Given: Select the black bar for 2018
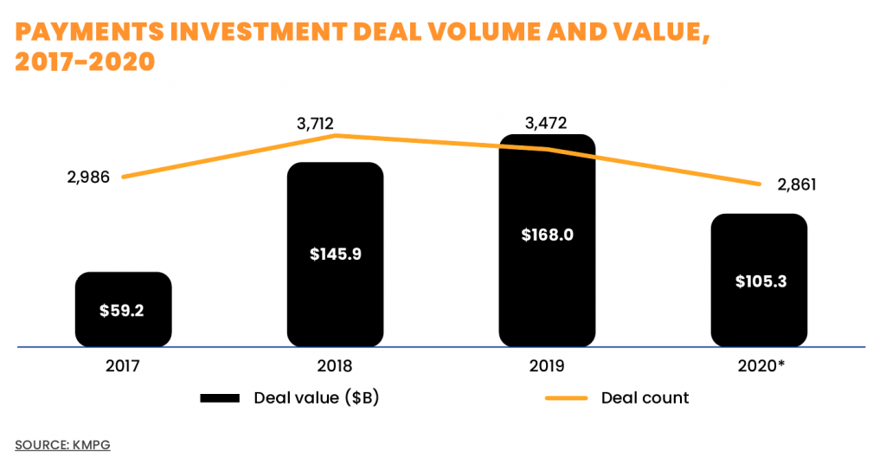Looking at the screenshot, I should (x=335, y=216).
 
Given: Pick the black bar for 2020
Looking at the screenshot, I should (x=759, y=251).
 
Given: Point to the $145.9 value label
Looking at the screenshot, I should (x=335, y=255).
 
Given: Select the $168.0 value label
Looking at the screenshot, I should (x=547, y=235).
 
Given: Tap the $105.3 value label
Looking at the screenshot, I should (x=760, y=281).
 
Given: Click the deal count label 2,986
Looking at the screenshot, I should (x=88, y=177).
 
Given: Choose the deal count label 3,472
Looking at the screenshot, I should (x=546, y=123).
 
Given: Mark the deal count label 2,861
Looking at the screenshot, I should (x=797, y=184).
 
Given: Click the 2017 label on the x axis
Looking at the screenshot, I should (x=122, y=366).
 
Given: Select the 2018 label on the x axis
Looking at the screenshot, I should (x=335, y=366).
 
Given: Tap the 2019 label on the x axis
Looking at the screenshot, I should (x=547, y=366).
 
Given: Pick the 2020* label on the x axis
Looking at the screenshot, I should (x=760, y=366).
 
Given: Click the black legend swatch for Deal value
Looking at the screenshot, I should (x=219, y=398).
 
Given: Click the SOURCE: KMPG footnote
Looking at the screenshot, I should (x=62, y=445).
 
